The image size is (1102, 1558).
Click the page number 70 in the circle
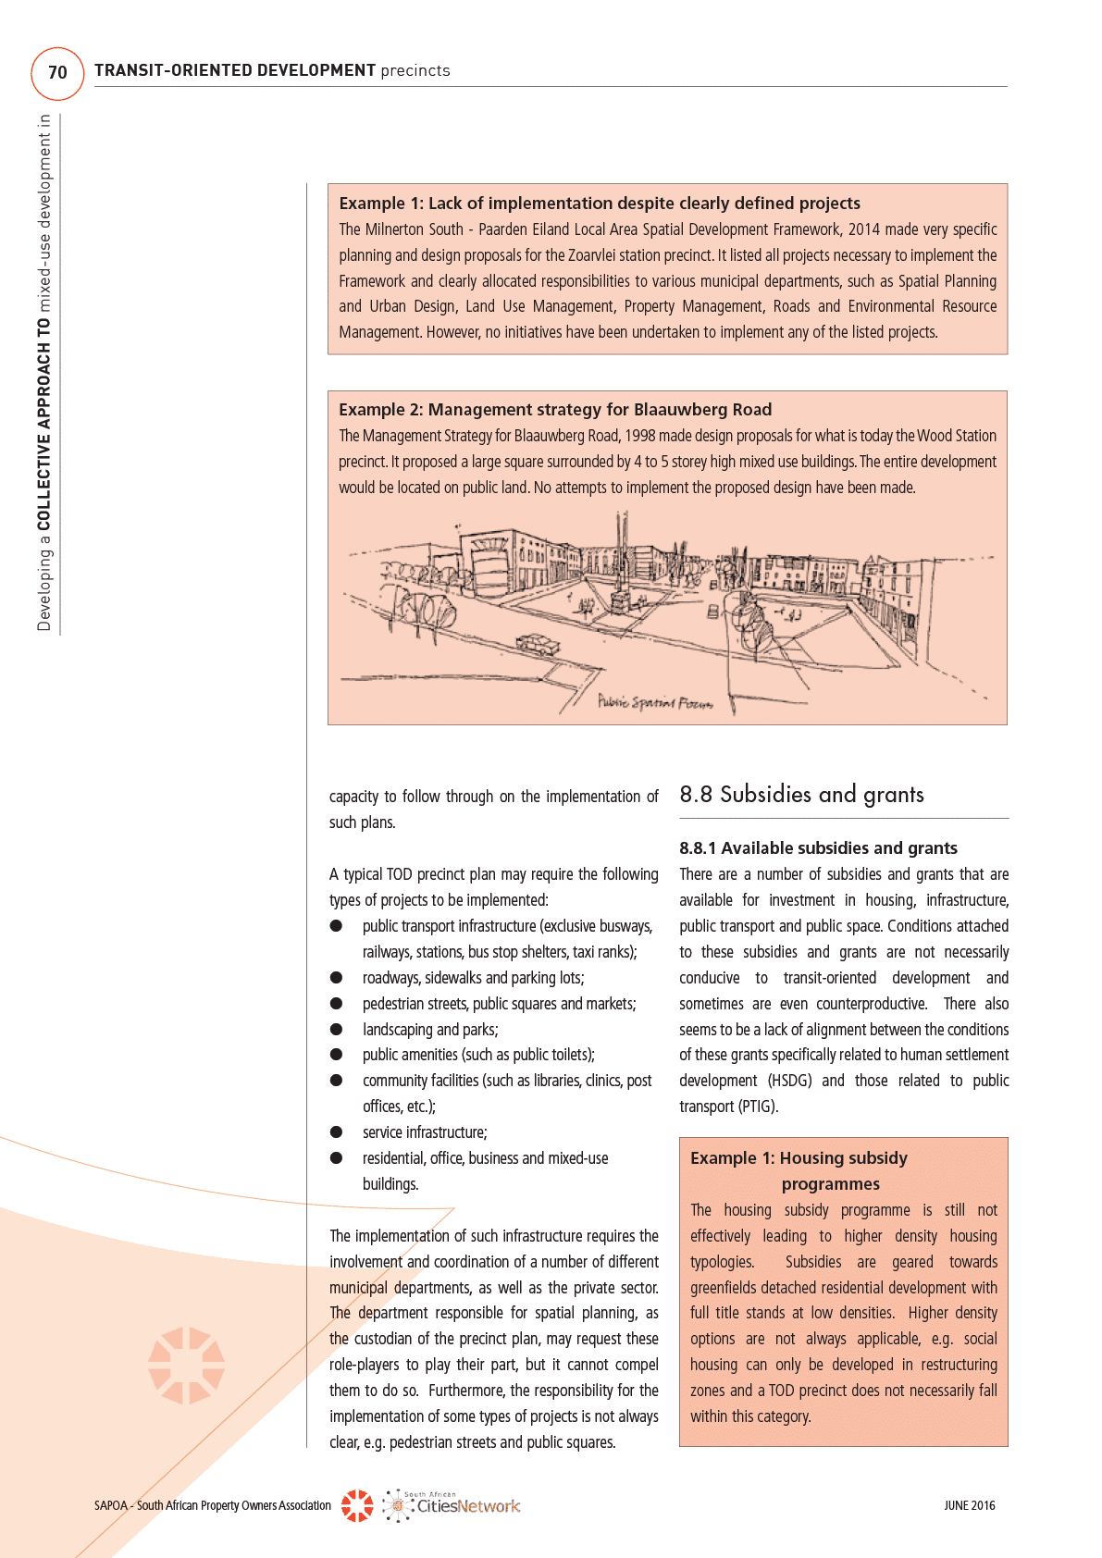tap(57, 73)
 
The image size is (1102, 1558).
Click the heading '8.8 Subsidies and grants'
tap(801, 795)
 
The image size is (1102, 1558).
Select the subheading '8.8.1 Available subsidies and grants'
tap(818, 848)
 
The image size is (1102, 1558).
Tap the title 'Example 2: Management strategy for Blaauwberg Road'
tap(555, 410)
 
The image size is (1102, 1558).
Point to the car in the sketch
tap(538, 643)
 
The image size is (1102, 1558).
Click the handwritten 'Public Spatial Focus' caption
tap(655, 702)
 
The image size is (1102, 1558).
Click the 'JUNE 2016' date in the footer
tap(969, 1505)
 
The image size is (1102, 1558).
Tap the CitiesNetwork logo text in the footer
tap(467, 1506)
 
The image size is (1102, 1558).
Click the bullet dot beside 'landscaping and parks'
tap(337, 1030)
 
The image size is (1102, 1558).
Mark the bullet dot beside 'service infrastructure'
tap(337, 1132)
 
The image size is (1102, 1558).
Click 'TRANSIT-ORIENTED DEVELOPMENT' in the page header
tap(235, 70)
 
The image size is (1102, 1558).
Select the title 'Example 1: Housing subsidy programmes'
tap(799, 1170)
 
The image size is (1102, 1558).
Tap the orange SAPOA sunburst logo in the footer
tap(357, 1505)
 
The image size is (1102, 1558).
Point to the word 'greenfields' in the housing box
tap(727, 1288)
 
